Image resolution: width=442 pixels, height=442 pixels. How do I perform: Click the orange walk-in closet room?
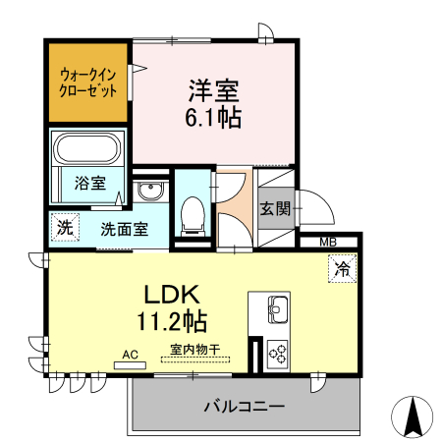tap(87, 81)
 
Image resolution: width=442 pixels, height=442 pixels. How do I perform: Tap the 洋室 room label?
tap(214, 90)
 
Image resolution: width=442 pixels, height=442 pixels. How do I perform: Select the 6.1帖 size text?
tap(214, 117)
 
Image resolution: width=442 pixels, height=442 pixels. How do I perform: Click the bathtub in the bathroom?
tap(86, 150)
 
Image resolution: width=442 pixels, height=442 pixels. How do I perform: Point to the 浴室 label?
tap(91, 182)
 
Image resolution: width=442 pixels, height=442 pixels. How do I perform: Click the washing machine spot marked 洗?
tap(64, 226)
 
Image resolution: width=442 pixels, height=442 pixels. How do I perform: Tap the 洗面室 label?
tap(124, 230)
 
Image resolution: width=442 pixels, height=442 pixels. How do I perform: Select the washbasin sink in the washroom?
tap(150, 191)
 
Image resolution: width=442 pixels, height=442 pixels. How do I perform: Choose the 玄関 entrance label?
tap(274, 208)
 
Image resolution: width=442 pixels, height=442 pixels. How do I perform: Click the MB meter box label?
tap(327, 241)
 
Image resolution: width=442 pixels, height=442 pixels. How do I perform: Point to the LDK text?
tap(173, 294)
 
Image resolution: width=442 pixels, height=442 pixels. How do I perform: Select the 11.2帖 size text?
tap(173, 320)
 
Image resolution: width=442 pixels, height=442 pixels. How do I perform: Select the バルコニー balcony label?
tap(245, 406)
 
